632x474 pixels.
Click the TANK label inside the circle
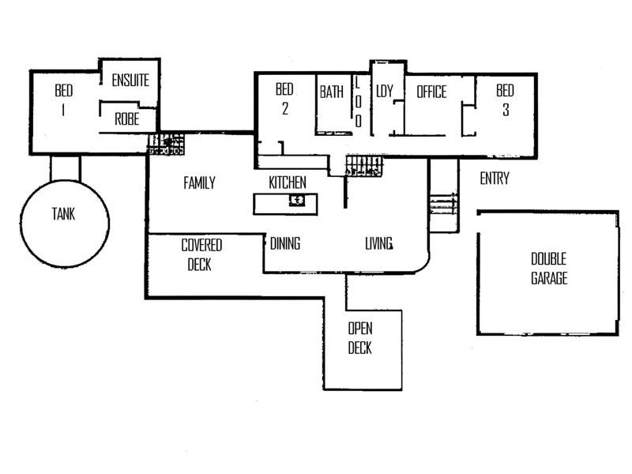[x=64, y=213]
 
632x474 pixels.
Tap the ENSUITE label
[x=130, y=81]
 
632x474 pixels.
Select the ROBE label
[x=127, y=120]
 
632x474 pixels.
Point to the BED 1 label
[x=63, y=100]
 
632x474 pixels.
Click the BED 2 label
[x=284, y=99]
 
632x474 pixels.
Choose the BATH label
[x=332, y=92]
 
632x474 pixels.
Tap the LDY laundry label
[x=385, y=92]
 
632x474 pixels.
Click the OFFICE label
[x=431, y=92]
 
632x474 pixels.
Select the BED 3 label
[x=505, y=100]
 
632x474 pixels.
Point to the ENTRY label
[x=495, y=179]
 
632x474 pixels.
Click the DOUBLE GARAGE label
[x=549, y=269]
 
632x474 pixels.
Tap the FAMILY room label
[x=199, y=183]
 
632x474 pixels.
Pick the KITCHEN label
[x=288, y=183]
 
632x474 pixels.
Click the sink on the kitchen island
[x=297, y=200]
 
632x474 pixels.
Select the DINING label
[x=285, y=243]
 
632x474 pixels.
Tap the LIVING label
[x=379, y=243]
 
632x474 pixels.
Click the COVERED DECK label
[x=201, y=254]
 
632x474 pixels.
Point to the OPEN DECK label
[x=360, y=337]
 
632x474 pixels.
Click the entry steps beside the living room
[x=443, y=207]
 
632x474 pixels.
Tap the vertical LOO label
[x=357, y=101]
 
